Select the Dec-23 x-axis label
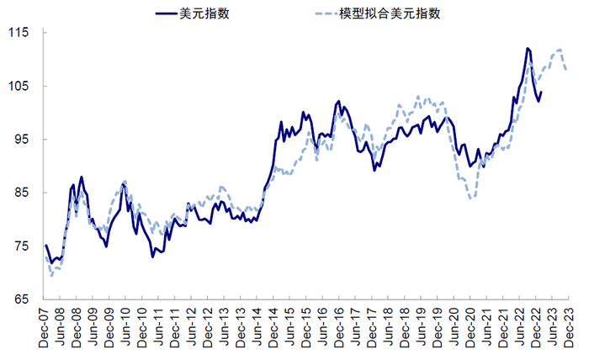click(x=568, y=329)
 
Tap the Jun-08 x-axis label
click(x=61, y=329)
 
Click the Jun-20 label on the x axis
click(x=454, y=329)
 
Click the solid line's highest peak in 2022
click(x=527, y=48)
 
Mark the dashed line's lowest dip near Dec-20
click(x=472, y=197)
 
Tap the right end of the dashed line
click(x=566, y=70)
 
